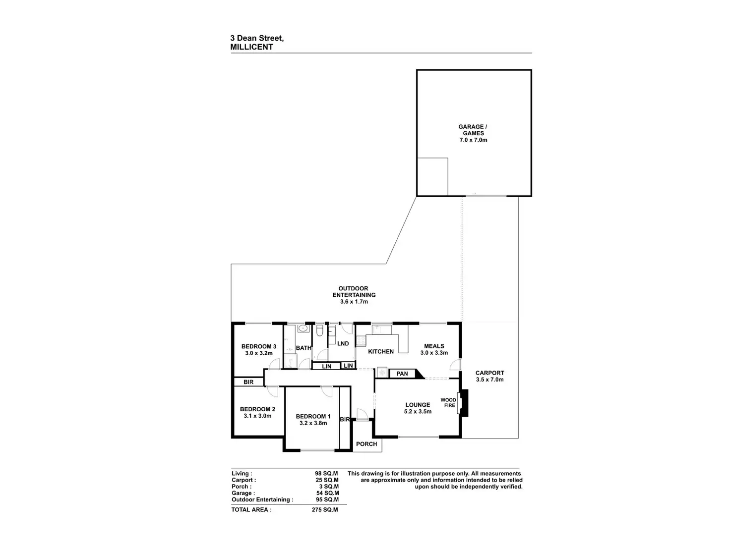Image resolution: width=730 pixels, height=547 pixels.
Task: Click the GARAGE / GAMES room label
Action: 473,130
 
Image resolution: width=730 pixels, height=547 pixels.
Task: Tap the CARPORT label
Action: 489,373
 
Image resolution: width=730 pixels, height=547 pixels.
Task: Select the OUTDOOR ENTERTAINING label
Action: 354,292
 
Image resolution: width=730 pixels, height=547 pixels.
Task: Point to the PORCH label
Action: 366,444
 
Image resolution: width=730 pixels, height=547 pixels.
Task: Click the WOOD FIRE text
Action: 448,402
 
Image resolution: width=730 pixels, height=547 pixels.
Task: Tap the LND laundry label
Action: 343,343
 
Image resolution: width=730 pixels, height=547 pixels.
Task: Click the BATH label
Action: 304,348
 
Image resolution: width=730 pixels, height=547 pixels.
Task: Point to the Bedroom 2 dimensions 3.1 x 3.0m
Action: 257,416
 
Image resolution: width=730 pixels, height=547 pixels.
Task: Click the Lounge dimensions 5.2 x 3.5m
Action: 418,412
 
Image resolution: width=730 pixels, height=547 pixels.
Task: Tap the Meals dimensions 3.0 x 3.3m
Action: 434,353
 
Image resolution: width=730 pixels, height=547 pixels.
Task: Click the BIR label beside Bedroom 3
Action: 248,383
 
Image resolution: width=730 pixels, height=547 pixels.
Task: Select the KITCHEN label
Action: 381,351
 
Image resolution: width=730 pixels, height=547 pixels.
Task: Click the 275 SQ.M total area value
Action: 325,510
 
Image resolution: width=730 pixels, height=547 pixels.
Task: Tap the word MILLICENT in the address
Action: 252,47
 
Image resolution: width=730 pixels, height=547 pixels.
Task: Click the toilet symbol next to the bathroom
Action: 319,330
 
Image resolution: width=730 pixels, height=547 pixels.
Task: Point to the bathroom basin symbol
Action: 303,328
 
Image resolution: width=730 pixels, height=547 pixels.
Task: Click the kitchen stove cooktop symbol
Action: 361,340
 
